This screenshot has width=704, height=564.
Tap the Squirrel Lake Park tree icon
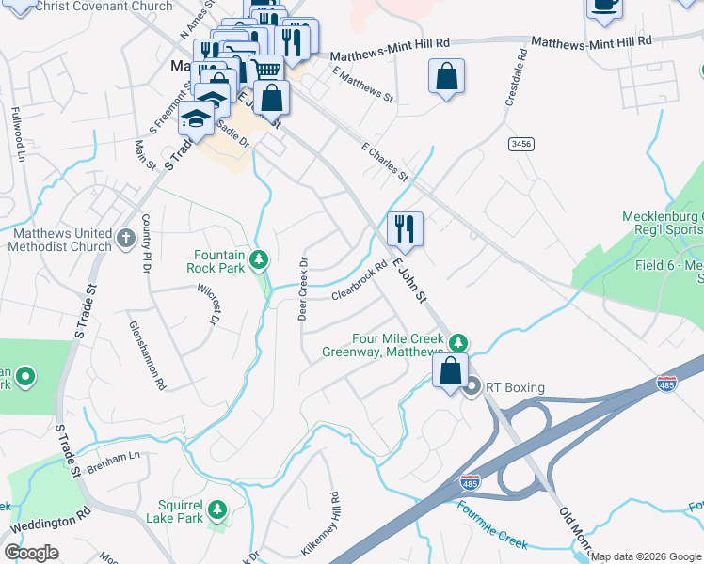(218, 509)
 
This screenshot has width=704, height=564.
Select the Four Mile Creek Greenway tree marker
(458, 341)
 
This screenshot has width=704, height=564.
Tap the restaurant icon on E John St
(405, 227)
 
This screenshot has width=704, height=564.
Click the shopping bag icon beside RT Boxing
(451, 369)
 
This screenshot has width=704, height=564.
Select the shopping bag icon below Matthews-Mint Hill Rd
(446, 77)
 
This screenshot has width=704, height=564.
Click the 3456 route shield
(520, 144)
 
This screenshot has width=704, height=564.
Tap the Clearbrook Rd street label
(360, 281)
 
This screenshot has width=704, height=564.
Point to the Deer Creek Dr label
(303, 288)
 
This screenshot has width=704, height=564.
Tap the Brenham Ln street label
(112, 457)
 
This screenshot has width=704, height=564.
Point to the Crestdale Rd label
(514, 83)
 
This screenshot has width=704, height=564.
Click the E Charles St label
(385, 162)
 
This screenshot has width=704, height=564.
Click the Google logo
(31, 553)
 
